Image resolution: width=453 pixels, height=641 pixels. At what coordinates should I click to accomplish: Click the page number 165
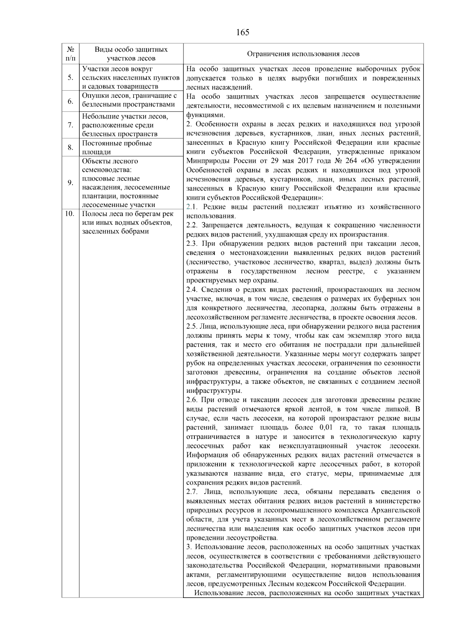click(x=242, y=32)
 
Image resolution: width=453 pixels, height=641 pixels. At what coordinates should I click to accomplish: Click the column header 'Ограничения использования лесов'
click(x=303, y=54)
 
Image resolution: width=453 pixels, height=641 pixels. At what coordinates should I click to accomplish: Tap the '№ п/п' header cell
click(x=71, y=54)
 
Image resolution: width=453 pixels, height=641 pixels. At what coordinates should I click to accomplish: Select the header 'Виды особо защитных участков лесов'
click(x=131, y=54)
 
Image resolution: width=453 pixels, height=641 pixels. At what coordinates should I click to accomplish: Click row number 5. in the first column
click(x=71, y=77)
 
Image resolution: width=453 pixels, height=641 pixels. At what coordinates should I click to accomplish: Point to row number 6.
click(x=71, y=101)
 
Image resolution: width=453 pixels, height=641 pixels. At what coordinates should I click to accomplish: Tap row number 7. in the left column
click(x=71, y=125)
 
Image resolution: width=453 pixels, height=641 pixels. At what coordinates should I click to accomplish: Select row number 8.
click(x=71, y=147)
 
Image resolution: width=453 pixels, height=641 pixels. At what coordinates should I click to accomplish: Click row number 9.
click(x=71, y=183)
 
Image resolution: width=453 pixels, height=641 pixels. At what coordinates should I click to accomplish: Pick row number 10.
click(x=69, y=214)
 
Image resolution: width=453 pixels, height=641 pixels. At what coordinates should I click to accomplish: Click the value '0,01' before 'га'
click(x=326, y=428)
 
